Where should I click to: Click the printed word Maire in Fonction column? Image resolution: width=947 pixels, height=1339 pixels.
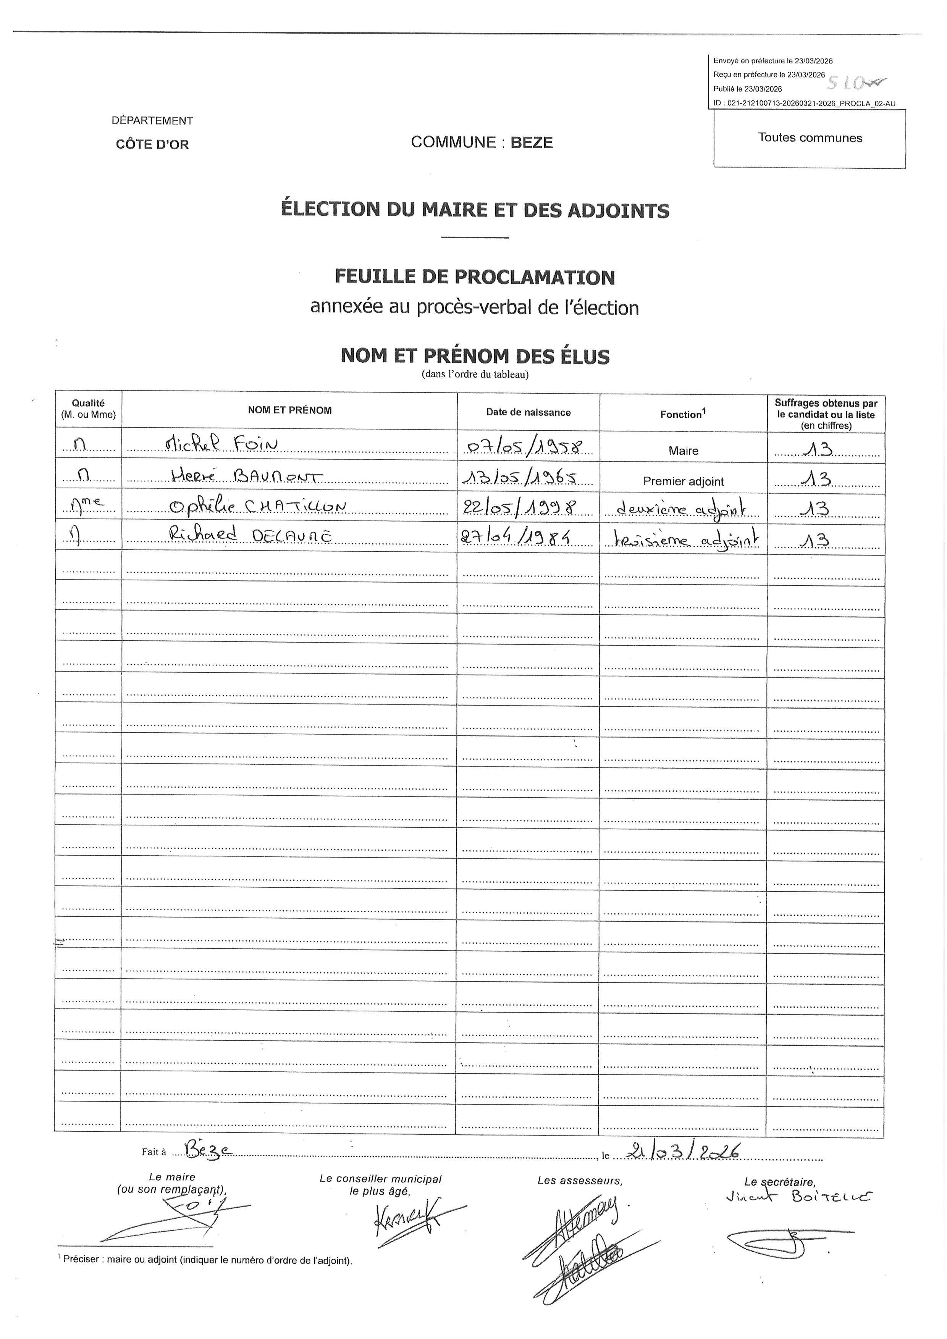coord(684,451)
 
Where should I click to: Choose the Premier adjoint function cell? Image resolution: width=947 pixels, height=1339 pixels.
coord(684,481)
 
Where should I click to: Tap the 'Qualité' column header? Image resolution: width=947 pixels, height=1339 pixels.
coord(88,403)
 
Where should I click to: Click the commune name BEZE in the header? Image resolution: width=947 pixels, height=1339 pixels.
coord(531,143)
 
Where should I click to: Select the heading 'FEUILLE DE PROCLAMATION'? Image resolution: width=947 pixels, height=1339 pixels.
coord(475,277)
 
